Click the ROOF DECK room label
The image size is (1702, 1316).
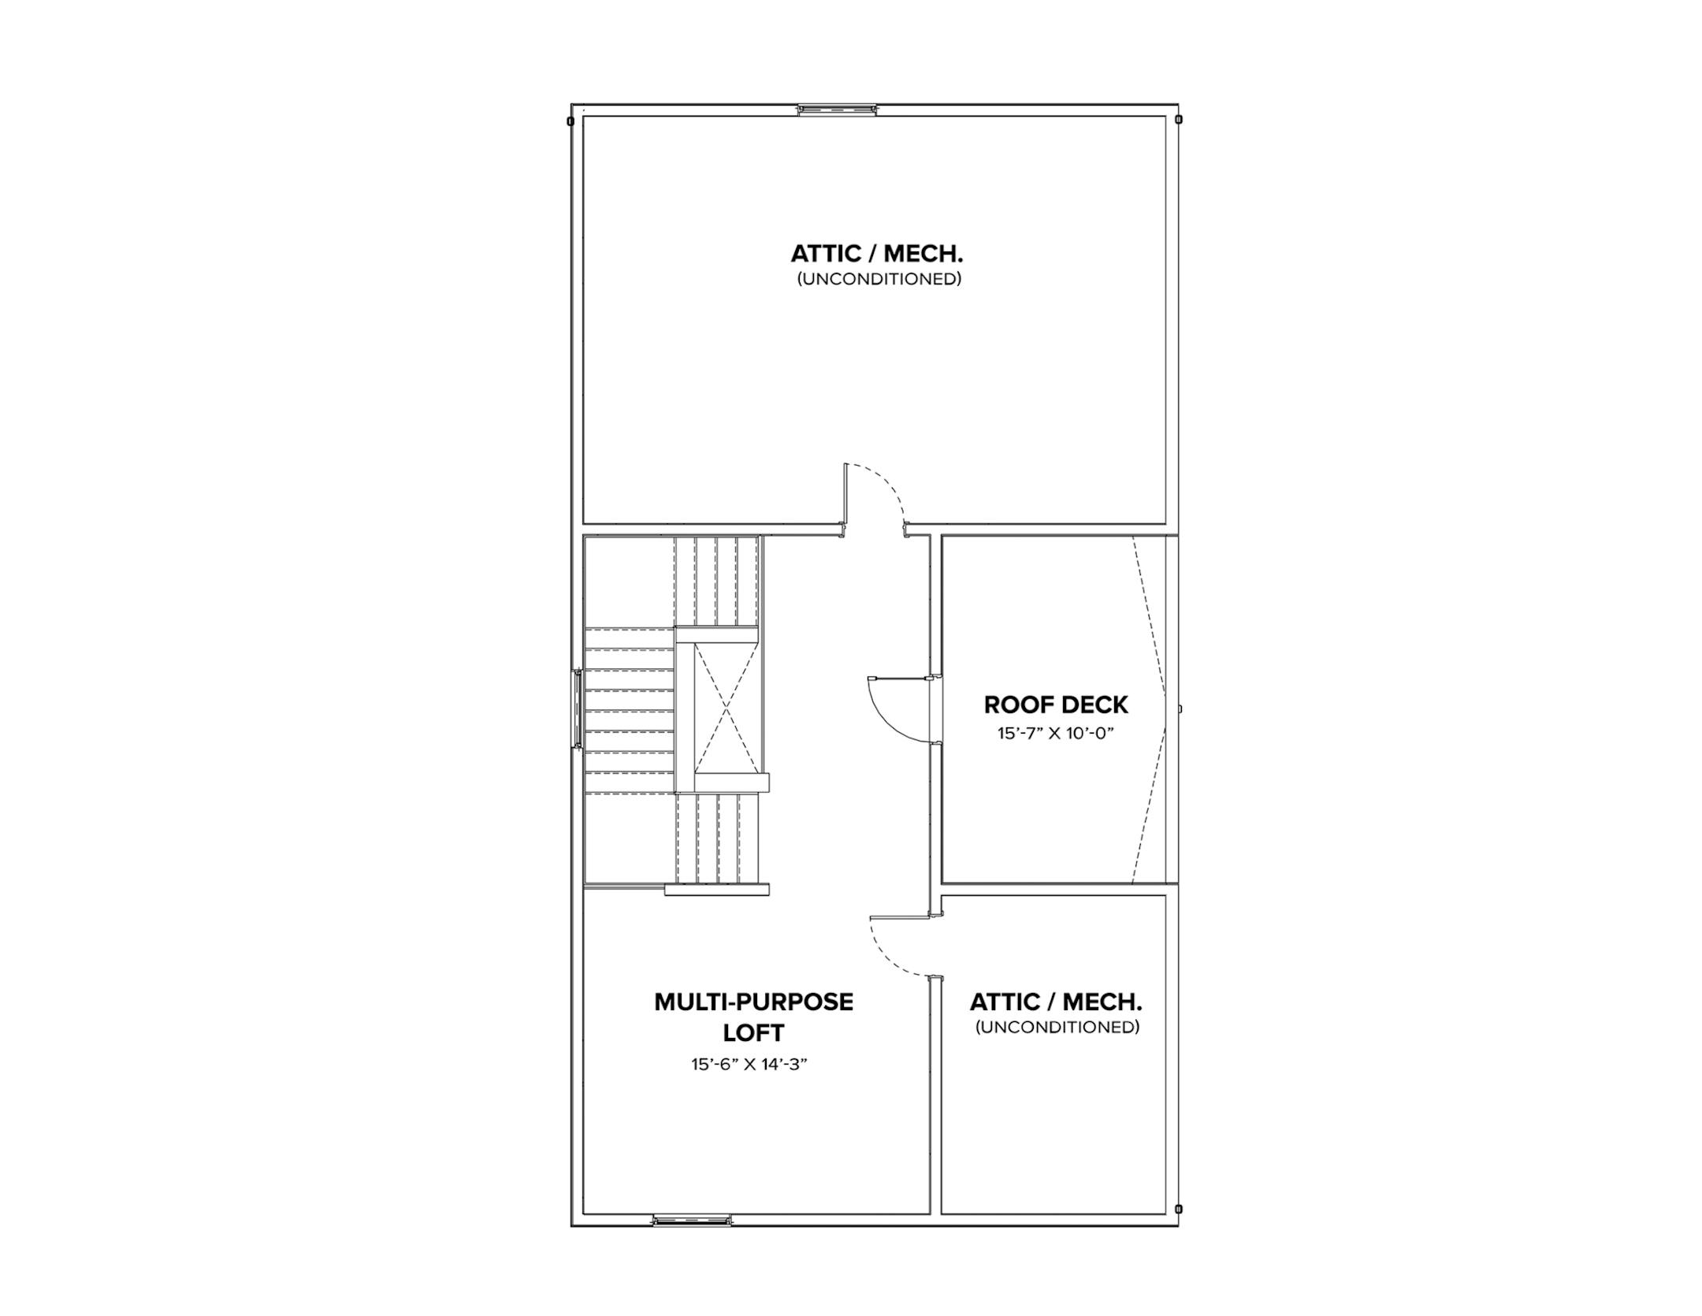pos(1056,704)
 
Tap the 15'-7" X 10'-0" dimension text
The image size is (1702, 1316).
pos(1056,734)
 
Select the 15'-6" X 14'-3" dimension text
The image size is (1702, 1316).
pos(750,1065)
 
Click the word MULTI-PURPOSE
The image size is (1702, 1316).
pos(753,1002)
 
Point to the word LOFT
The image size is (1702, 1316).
pos(753,1032)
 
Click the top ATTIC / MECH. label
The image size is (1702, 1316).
pos(877,254)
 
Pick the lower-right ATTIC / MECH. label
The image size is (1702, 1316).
pos(1056,1002)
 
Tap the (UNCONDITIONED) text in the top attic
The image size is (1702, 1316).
pos(879,279)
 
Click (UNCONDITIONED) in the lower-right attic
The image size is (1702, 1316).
pos(1057,1028)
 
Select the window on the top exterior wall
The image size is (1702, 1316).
pos(837,110)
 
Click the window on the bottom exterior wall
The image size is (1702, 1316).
pos(692,1221)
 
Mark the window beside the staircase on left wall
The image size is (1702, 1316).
pos(578,708)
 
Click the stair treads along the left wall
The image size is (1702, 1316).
pos(629,709)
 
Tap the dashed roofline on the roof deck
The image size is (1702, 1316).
pos(1152,709)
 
